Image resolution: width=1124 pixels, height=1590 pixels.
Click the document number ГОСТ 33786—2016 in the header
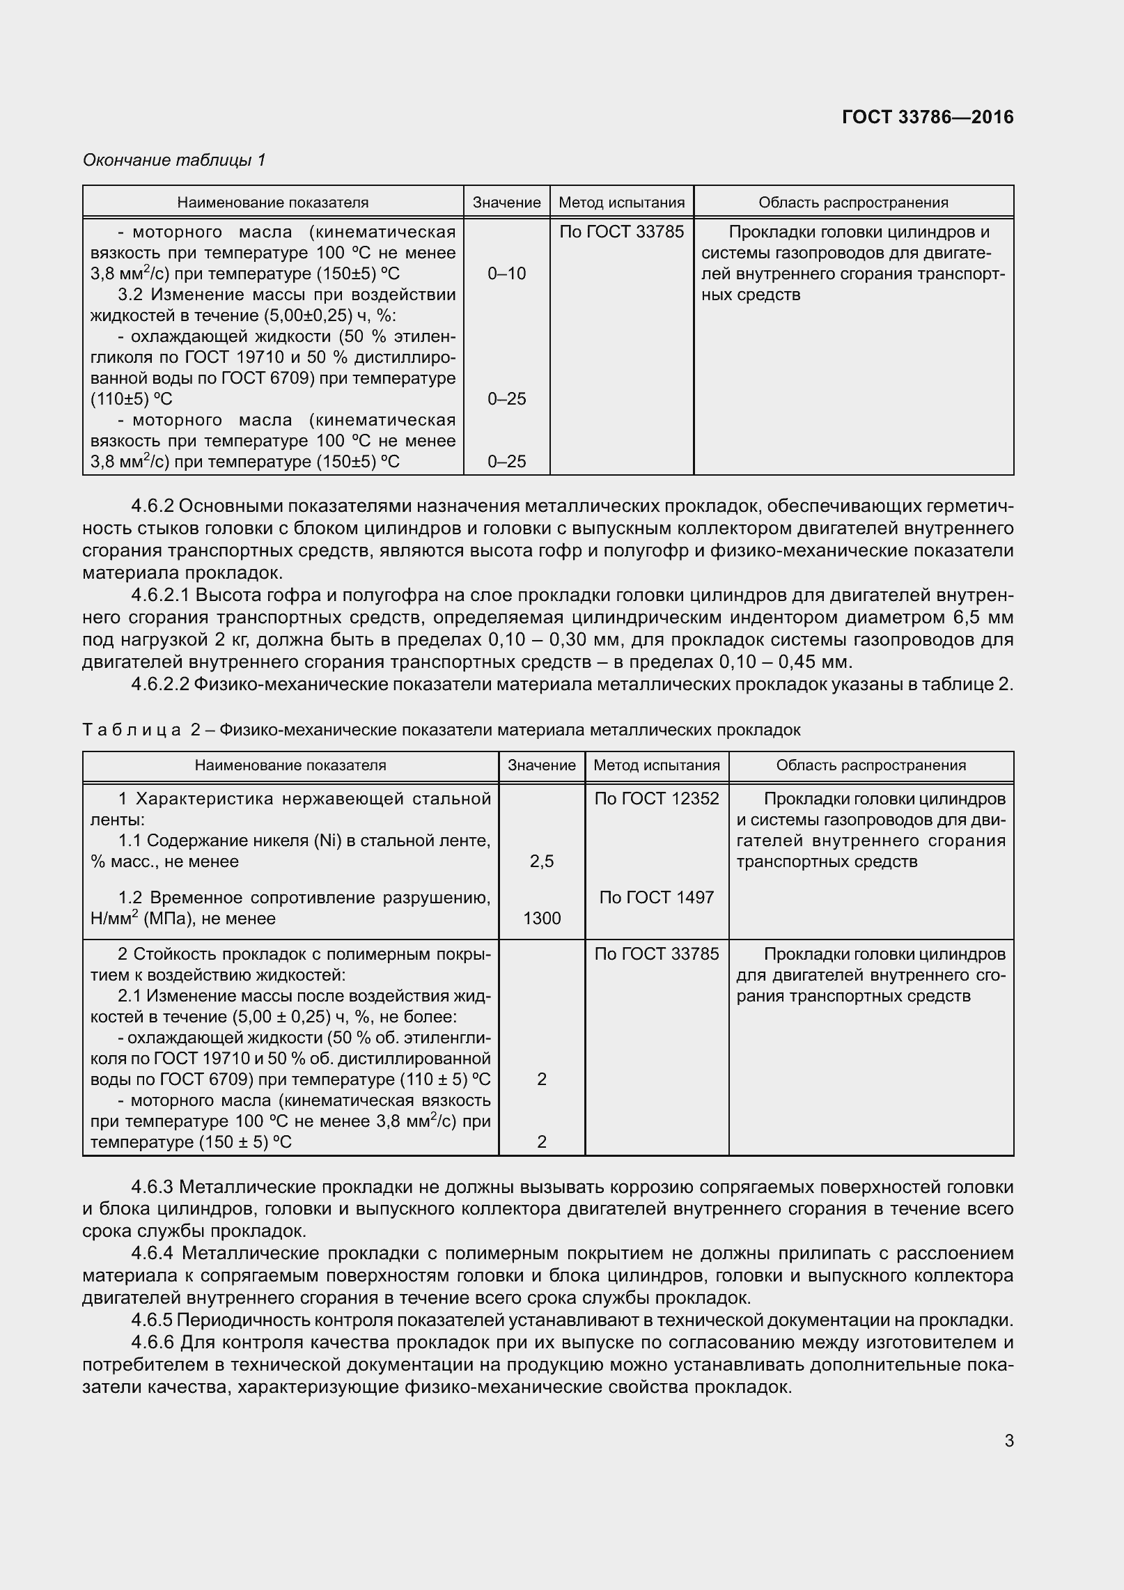pos(927,118)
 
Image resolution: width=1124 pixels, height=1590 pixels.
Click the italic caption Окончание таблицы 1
pos(174,160)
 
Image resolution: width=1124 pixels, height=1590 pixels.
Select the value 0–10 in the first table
pos(506,274)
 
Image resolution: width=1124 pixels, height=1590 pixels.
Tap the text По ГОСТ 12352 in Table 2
pos(656,799)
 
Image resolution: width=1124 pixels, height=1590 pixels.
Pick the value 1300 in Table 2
pos(541,919)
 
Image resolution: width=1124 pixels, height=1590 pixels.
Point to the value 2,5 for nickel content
pos(541,862)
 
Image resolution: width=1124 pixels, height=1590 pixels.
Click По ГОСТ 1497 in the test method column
pos(656,897)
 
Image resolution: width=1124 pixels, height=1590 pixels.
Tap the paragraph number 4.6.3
pos(153,1187)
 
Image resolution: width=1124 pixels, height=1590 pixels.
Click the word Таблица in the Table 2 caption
pos(132,730)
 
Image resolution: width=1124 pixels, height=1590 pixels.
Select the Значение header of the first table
pos(506,203)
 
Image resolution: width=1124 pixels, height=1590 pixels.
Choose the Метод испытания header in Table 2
pos(656,765)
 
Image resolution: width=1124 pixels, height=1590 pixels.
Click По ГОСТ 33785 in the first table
pos(621,232)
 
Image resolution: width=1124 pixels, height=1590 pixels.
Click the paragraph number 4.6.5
pos(153,1320)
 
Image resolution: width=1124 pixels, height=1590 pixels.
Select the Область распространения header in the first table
pos(853,203)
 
